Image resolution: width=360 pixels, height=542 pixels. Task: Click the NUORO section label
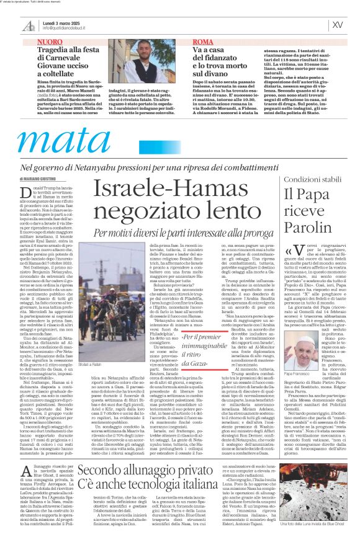point(51,42)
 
